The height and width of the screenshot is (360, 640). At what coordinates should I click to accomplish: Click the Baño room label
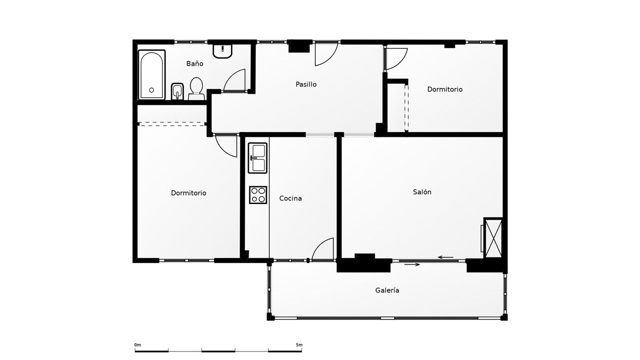195,64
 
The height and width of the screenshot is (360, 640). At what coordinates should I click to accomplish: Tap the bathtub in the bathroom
152,75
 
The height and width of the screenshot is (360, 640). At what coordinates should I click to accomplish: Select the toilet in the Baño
196,89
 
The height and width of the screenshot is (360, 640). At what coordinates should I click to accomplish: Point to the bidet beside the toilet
177,92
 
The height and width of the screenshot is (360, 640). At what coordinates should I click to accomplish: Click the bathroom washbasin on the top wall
222,51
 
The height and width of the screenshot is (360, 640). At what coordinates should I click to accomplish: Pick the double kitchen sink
258,158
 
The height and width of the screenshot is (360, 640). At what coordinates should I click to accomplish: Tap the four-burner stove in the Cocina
258,195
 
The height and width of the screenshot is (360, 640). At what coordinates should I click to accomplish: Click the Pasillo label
306,84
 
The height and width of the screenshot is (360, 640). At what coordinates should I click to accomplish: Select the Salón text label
422,192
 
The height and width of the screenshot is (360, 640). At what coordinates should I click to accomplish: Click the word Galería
387,290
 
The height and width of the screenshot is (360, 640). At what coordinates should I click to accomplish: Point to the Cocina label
290,198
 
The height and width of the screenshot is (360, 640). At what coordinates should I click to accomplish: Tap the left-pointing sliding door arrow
446,257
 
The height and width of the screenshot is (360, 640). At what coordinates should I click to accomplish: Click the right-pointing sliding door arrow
412,264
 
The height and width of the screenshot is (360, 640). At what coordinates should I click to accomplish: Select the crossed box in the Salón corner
493,238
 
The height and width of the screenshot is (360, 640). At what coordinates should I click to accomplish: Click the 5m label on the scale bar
299,345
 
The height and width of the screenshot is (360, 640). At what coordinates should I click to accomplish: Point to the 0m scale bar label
137,345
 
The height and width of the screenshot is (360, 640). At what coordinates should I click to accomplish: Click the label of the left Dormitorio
188,193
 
